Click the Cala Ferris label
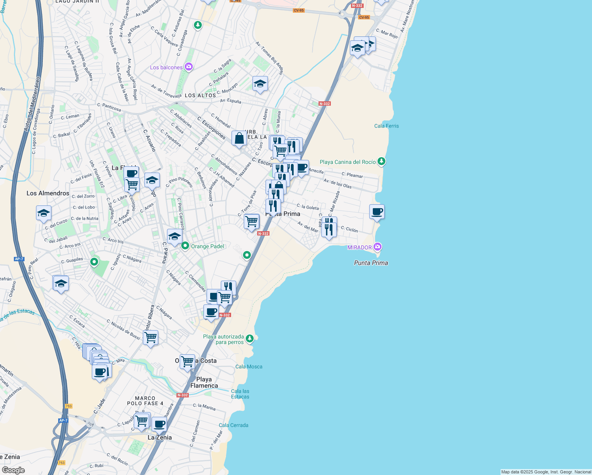(x=386, y=126)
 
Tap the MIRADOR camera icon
(x=378, y=247)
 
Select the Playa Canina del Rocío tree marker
(x=381, y=161)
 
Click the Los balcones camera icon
(x=189, y=67)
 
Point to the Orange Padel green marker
(x=185, y=246)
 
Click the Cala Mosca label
(x=249, y=367)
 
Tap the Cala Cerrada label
(x=233, y=425)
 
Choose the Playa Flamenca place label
(x=204, y=382)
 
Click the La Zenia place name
(x=159, y=437)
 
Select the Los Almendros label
(x=48, y=193)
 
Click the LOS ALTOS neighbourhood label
(x=200, y=95)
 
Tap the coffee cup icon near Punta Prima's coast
(x=377, y=212)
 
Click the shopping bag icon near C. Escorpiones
(x=239, y=139)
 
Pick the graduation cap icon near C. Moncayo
(x=260, y=84)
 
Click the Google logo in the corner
(x=13, y=470)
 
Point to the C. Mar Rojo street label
(x=387, y=33)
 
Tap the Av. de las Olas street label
(x=337, y=183)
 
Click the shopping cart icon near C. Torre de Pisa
(x=251, y=222)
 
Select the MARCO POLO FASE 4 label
(x=145, y=401)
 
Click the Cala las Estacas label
(x=240, y=394)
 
